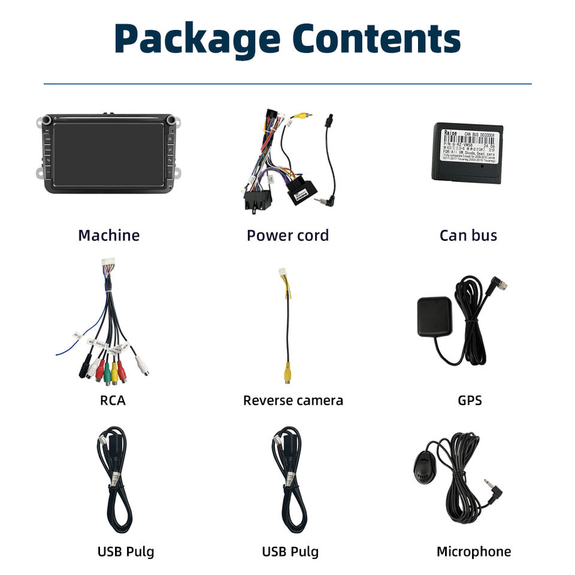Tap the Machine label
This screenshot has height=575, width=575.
coord(108,235)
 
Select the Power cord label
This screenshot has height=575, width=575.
coord(287,235)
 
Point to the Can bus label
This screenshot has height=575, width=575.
coord(468,235)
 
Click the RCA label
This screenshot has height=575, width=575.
coord(113,400)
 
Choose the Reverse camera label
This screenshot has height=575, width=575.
coord(293,400)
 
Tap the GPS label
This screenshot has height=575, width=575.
coord(469,400)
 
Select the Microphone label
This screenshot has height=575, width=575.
coord(473,552)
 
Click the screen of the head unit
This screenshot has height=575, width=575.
coord(108,154)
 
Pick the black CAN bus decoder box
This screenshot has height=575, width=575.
coord(464,153)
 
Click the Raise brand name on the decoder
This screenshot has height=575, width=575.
coord(450,133)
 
